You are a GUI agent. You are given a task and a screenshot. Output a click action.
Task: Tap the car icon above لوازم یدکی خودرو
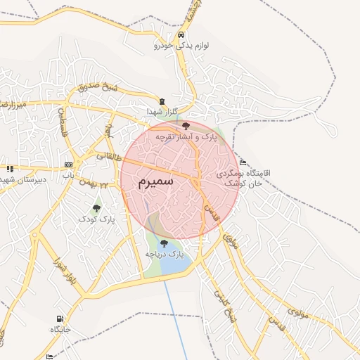point(182,34)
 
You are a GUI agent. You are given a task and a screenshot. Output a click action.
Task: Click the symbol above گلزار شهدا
point(163,101)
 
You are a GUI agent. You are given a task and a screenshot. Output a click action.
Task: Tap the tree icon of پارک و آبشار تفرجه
point(186,125)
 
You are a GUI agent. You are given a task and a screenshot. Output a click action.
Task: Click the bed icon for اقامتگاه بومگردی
point(243,162)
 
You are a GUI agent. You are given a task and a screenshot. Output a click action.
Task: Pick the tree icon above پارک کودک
point(96,207)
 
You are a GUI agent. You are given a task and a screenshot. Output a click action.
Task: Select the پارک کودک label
point(97,219)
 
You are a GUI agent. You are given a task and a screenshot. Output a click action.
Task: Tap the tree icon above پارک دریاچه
point(164,243)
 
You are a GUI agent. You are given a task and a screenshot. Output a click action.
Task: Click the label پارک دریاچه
point(164,254)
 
